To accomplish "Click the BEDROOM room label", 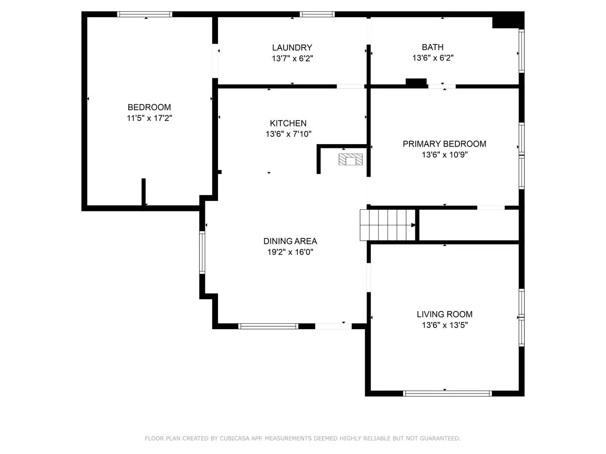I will [x=149, y=107].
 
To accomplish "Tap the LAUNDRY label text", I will [x=292, y=48].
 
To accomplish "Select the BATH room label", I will [x=433, y=47].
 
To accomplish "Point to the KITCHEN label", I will [x=288, y=123].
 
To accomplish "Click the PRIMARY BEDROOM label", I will [x=444, y=144].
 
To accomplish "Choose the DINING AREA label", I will [x=290, y=241].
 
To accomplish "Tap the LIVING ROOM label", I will [x=444, y=314].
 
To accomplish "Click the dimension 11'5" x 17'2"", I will [x=149, y=118].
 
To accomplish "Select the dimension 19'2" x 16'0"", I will [x=290, y=252].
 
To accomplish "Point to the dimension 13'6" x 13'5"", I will [x=445, y=325].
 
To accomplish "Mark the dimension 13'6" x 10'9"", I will [x=445, y=155].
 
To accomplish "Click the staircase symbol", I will [x=388, y=225].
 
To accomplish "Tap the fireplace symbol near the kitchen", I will [x=351, y=159].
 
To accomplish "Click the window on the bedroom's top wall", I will [x=144, y=14].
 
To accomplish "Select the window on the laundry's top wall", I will [x=317, y=14].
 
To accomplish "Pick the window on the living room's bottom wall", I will [x=447, y=393].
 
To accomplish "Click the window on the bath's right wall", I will [x=521, y=51].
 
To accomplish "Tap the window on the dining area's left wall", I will [x=202, y=253].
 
